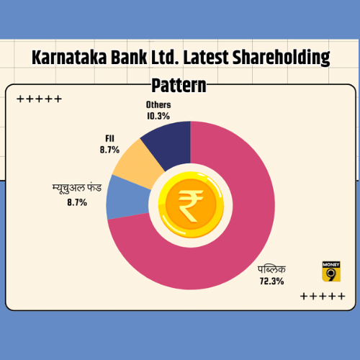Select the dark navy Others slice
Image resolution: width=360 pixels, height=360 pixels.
point(171,144)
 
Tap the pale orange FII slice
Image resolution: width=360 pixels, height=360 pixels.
point(139,163)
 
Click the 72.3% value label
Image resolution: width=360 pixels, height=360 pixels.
point(271,281)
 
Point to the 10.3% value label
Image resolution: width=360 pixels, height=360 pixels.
point(158,116)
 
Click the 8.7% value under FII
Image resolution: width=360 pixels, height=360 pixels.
point(109,150)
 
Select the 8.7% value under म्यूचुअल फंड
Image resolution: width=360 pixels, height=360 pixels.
point(77,202)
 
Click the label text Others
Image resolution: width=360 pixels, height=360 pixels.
point(158,105)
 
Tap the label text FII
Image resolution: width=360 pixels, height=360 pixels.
point(109,138)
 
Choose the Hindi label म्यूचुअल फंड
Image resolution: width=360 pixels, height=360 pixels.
point(77,189)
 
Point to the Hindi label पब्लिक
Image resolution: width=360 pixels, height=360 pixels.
point(271,269)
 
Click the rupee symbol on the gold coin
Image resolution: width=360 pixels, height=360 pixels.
point(190,206)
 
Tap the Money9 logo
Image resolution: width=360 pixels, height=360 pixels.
point(331,271)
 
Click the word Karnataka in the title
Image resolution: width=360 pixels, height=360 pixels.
point(69,58)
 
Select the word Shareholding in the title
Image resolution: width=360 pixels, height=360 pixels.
point(282,58)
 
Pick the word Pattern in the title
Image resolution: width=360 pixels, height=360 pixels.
point(179,86)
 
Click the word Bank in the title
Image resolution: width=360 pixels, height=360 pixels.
point(129,58)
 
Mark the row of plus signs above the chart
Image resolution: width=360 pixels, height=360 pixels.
point(40,99)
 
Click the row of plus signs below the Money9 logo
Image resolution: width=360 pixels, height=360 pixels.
point(323,296)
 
